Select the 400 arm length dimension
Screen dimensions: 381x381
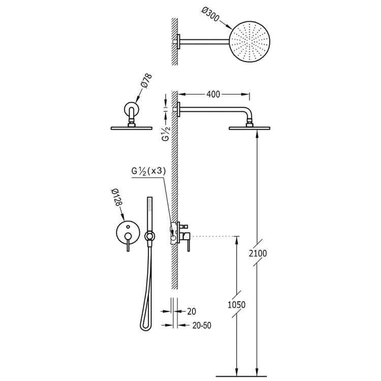pos(213,94)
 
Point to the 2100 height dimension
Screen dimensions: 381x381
pos(258,253)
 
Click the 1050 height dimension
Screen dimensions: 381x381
pos(236,304)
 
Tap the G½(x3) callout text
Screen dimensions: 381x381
pos(148,171)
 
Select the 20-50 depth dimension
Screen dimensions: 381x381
pos(202,325)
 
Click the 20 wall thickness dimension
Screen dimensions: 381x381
pos(192,311)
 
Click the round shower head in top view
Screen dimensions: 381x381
pos(249,42)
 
